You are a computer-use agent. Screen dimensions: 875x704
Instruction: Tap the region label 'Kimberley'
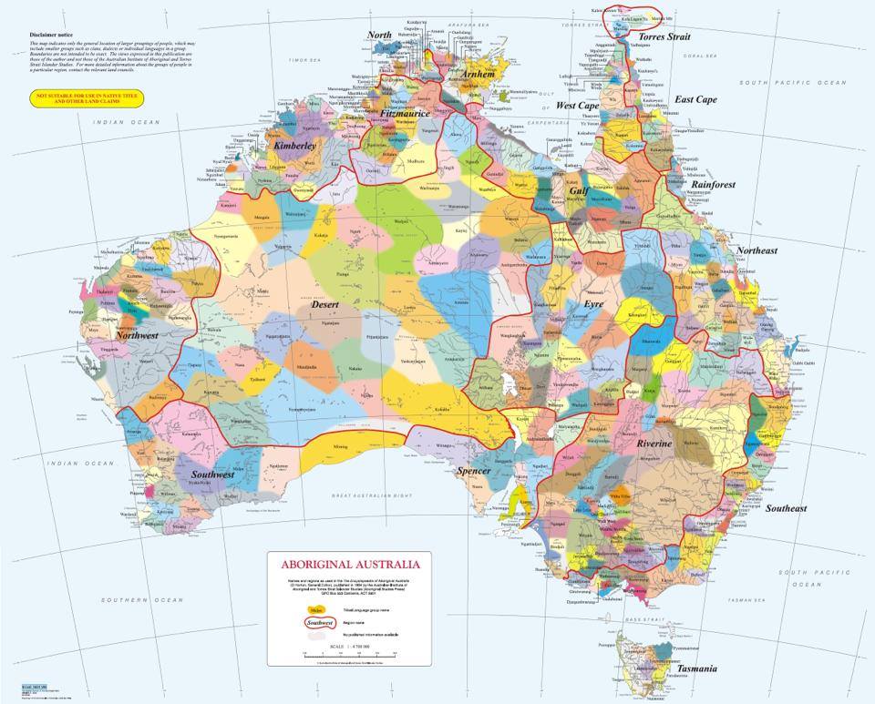[294, 146]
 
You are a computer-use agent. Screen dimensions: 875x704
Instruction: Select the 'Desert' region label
[325, 305]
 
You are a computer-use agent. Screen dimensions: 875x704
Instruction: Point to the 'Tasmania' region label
[695, 668]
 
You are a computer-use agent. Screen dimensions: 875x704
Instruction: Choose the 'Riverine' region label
[654, 443]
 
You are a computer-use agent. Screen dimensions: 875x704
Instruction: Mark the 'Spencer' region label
[474, 471]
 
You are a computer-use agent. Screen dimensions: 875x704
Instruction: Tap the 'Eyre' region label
[593, 303]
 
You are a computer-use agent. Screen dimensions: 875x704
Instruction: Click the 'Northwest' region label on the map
[137, 336]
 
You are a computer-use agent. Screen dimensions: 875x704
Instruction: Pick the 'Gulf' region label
[578, 191]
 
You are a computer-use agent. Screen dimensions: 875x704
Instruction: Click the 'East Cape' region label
[695, 100]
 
